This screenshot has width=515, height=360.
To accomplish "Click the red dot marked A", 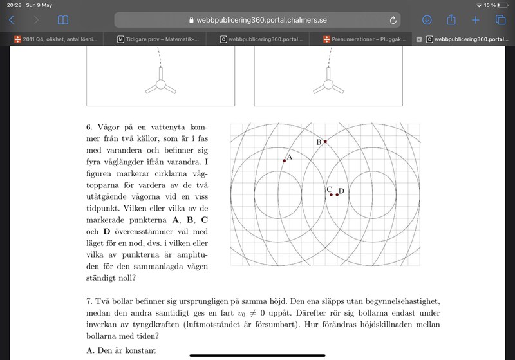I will [284, 160].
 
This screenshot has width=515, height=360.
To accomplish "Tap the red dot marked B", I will [325, 141].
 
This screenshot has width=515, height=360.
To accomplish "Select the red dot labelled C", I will [331, 194].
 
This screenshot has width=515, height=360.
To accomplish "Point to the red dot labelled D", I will [337, 194].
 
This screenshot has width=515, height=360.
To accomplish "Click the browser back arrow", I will [12, 20].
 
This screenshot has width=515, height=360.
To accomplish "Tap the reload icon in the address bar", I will [393, 20].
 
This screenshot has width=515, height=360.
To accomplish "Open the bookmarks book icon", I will [62, 20].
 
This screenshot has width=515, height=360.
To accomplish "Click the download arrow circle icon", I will [427, 20].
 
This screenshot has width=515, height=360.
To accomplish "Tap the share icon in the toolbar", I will [451, 20].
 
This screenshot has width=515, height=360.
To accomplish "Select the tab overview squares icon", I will [500, 20].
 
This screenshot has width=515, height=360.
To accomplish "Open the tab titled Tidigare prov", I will [158, 39].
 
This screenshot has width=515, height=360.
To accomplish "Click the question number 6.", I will [89, 127].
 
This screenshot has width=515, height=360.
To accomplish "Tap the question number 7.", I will [89, 301].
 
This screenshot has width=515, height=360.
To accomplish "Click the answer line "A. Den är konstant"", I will [121, 350].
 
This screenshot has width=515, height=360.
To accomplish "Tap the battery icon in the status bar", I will [501, 5].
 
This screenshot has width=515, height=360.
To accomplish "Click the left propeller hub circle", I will [160, 84].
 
